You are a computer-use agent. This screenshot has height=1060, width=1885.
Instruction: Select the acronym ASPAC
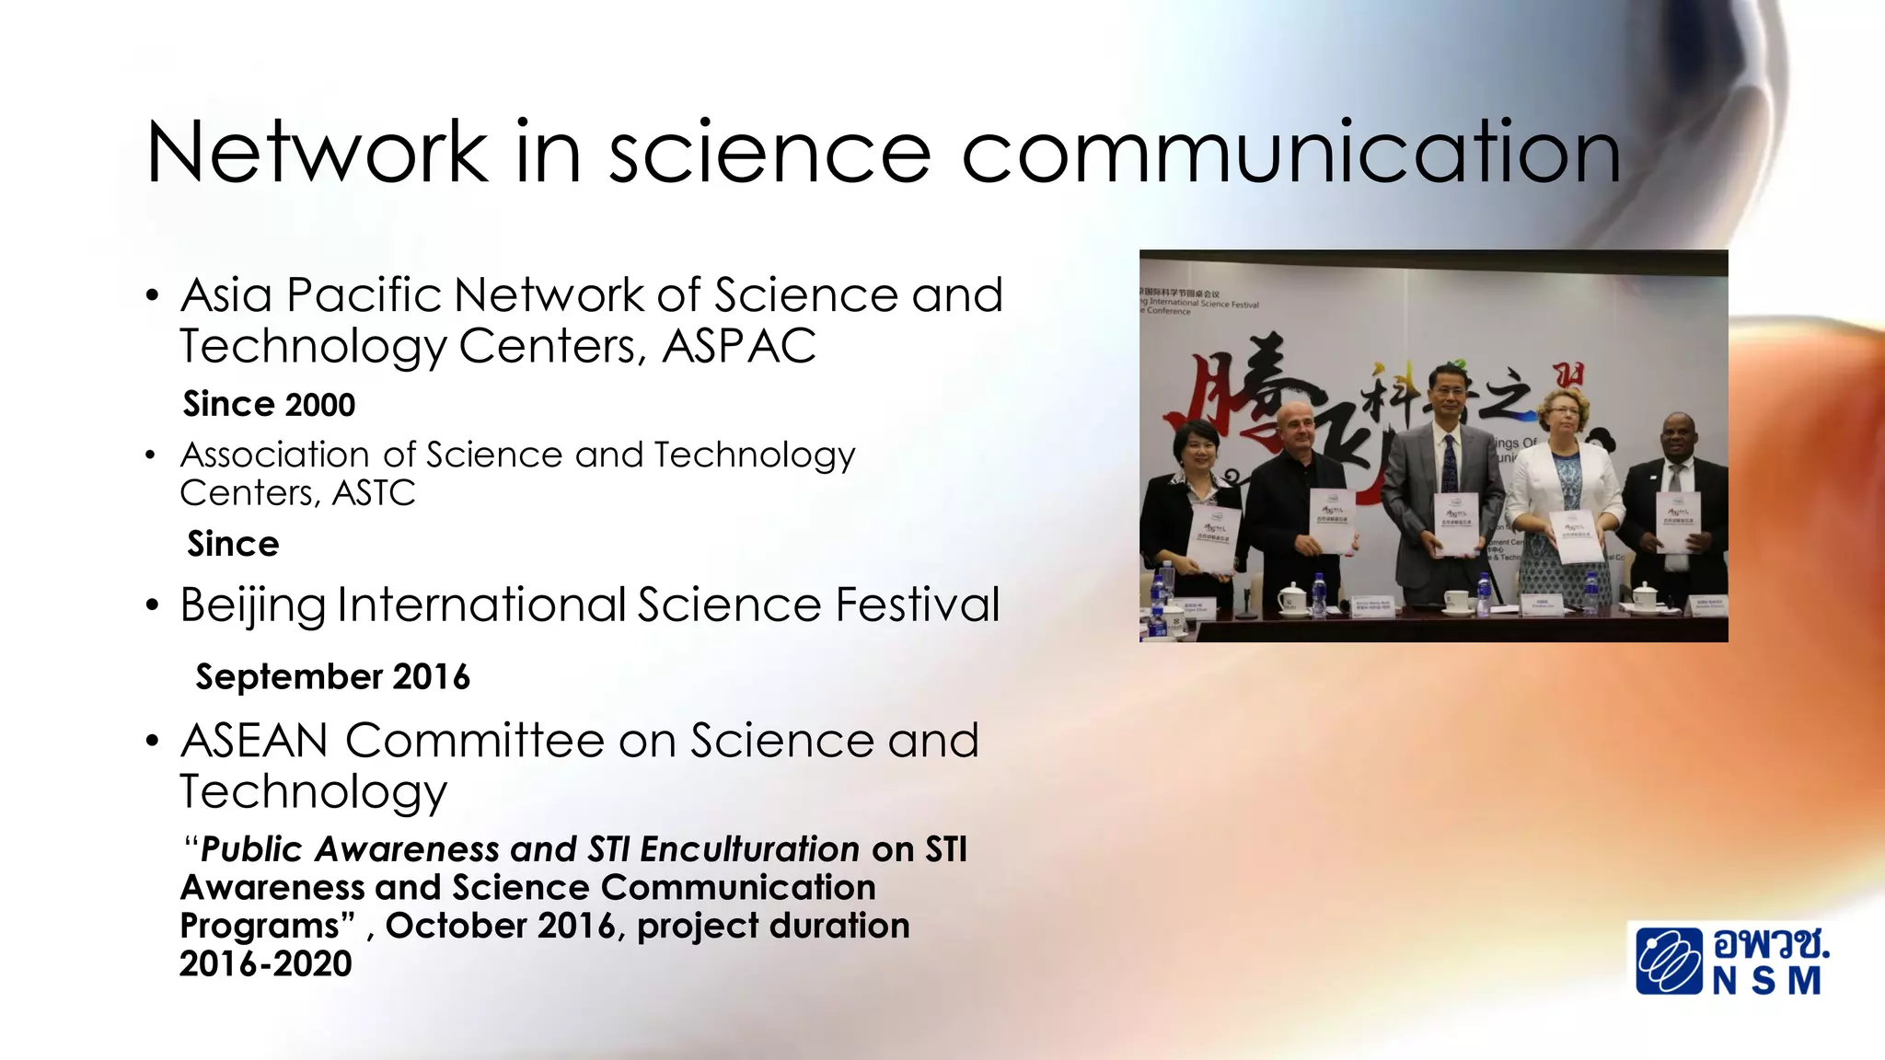[x=738, y=347]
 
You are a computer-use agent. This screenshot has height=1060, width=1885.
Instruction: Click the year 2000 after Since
[x=319, y=405]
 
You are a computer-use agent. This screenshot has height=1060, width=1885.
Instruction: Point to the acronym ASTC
[x=374, y=494]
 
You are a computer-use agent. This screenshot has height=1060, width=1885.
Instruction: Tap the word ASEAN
[x=254, y=741]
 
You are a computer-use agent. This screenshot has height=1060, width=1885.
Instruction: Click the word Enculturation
[x=749, y=849]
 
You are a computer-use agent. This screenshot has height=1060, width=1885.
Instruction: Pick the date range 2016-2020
[x=265, y=964]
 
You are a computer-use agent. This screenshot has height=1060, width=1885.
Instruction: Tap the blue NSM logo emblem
[x=1668, y=962]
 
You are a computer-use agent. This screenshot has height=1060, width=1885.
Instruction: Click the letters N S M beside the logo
[x=1766, y=981]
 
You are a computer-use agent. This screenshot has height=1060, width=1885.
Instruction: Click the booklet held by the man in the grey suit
[x=1455, y=524]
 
